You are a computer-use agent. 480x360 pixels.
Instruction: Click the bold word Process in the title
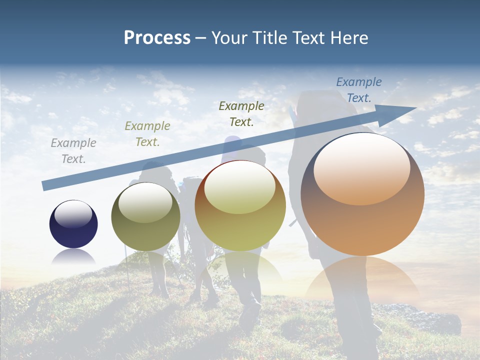tap(157, 37)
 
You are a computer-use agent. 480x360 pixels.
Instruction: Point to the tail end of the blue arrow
tap(44, 185)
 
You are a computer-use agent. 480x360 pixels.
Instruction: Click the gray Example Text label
tap(73, 151)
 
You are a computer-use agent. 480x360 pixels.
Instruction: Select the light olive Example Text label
tap(147, 134)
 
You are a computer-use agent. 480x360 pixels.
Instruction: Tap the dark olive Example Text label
tap(241, 113)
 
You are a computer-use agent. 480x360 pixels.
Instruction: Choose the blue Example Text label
tap(359, 90)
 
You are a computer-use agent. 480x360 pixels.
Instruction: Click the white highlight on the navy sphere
tap(73, 214)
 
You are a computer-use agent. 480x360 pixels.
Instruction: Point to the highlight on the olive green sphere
tap(145, 201)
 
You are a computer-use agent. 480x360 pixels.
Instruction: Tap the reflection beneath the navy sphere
tap(73, 256)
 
